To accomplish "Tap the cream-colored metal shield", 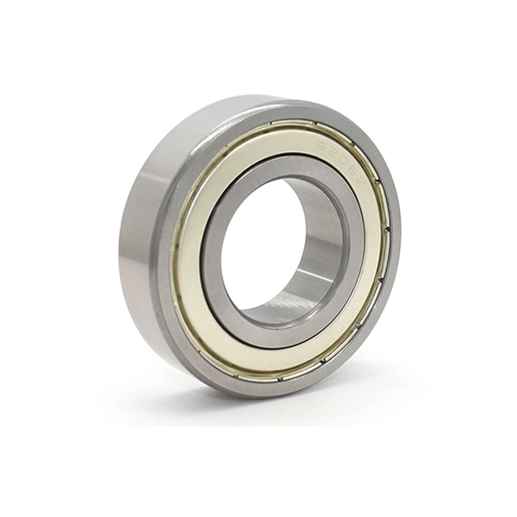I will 194,284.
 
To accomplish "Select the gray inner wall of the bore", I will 317,246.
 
